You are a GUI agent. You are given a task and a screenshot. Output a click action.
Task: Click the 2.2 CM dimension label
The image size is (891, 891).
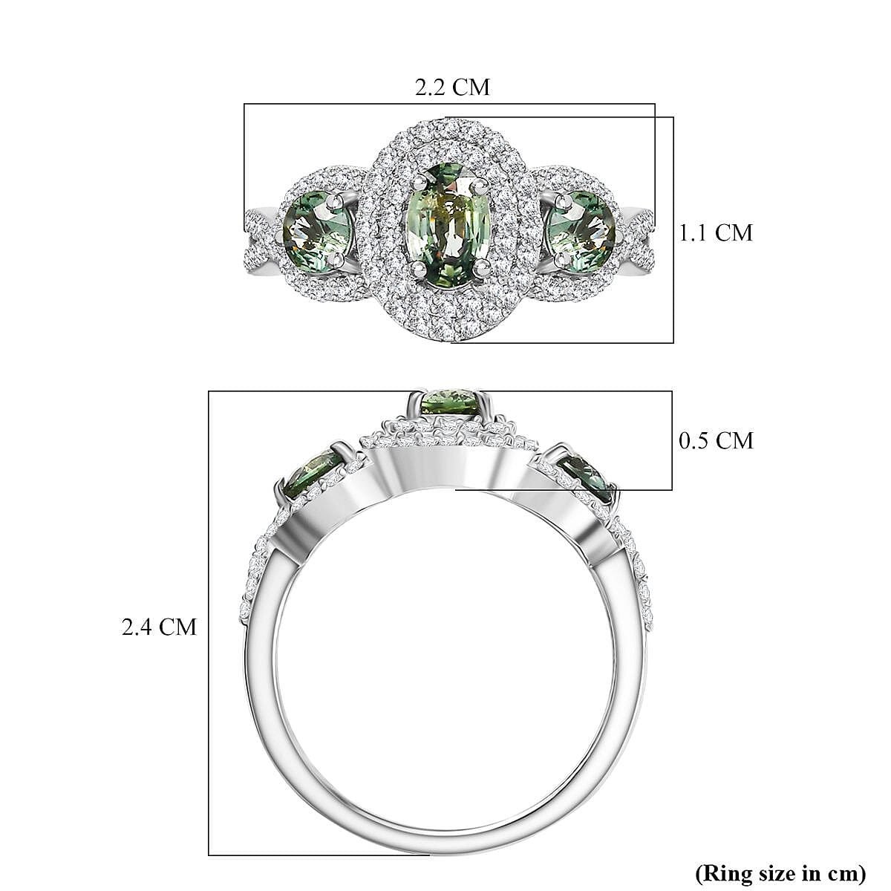point(452,87)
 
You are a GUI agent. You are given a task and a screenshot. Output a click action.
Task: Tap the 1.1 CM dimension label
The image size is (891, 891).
point(716,232)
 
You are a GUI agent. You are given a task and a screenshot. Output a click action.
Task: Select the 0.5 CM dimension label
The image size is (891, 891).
point(716,440)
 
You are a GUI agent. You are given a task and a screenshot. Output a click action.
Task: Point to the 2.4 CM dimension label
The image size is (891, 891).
point(160,627)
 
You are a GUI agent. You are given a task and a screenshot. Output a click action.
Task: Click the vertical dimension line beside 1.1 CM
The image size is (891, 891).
point(673,230)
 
